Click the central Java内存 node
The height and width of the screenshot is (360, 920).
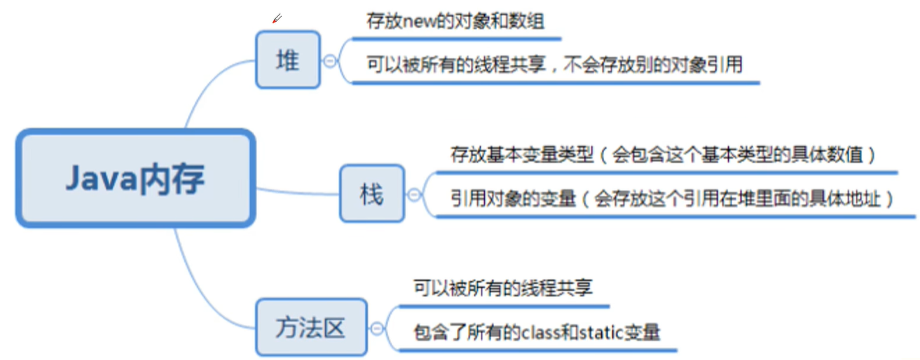coord(135,178)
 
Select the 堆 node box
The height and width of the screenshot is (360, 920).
coord(287,60)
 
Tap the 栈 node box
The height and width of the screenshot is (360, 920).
coord(371,194)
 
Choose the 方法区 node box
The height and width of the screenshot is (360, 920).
coord(310,327)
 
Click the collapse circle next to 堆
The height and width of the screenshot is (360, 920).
coord(330,60)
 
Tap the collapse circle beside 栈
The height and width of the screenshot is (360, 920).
coord(414,194)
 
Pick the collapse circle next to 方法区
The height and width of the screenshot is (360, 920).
coord(377,327)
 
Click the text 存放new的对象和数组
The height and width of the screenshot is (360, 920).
coord(455,20)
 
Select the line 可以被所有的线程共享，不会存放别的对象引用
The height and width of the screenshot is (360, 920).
coord(554,65)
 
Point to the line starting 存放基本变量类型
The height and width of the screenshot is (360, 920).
coord(663,155)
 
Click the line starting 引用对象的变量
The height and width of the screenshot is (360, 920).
coord(673,199)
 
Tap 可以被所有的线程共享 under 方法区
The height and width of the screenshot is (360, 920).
coord(503,288)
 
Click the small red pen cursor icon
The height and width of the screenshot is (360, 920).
coord(277,18)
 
